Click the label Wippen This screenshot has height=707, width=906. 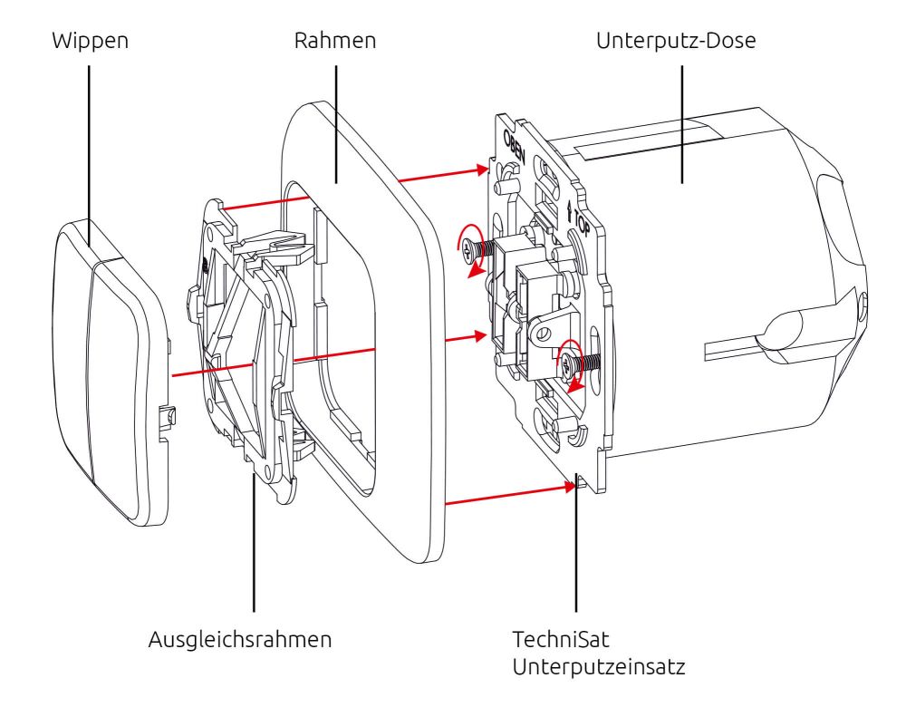[88, 42]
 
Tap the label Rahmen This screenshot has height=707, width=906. [335, 42]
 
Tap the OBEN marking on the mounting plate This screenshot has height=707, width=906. [512, 146]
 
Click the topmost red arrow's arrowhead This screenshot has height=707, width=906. [482, 169]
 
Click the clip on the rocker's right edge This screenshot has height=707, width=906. [169, 420]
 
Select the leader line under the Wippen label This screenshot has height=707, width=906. [88, 145]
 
